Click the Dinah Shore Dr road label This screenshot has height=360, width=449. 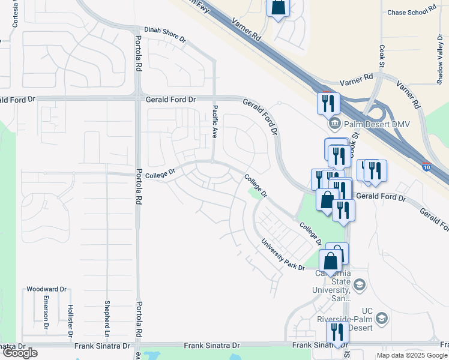(165, 29)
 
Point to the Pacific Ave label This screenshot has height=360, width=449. (215, 122)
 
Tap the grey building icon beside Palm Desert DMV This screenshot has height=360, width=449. (334, 124)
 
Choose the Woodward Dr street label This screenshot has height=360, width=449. (46, 289)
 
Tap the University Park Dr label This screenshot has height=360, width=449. (282, 255)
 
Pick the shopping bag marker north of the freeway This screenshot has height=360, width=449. (279, 8)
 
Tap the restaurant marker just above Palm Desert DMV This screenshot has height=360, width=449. (328, 103)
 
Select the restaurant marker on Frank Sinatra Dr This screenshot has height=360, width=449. (337, 332)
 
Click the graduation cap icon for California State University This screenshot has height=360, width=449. (360, 284)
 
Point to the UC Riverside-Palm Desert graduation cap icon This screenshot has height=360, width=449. (382, 318)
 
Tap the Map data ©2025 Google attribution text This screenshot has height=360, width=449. (412, 355)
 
